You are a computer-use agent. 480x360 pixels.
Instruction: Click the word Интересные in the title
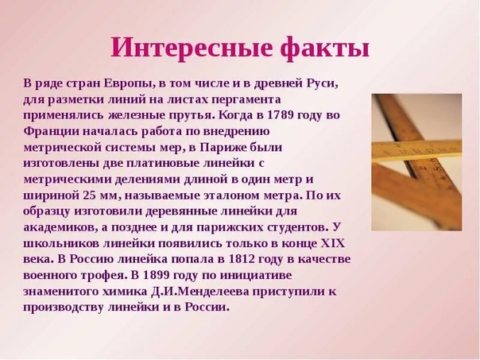click(192, 48)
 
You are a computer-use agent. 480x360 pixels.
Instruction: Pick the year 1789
click(281, 115)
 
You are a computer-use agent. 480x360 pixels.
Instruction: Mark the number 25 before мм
click(89, 195)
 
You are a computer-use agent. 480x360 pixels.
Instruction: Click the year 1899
click(156, 275)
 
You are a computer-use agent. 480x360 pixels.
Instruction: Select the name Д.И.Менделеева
click(199, 292)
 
